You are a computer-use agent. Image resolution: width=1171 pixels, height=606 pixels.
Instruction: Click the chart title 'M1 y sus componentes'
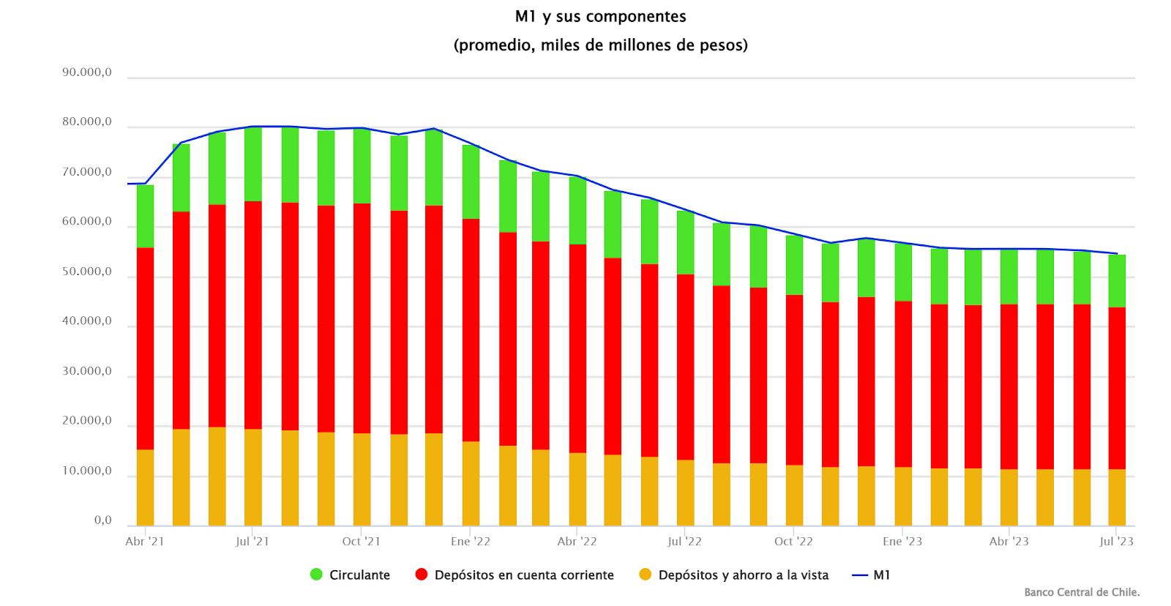coord(600,16)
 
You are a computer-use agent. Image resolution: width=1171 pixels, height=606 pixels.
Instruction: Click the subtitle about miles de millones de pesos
coord(600,45)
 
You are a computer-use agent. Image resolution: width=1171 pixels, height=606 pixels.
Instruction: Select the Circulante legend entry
coord(351,575)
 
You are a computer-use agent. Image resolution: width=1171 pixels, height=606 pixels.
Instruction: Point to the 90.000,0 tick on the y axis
coord(87,72)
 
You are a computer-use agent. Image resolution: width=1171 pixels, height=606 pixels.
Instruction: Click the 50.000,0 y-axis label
coord(87,272)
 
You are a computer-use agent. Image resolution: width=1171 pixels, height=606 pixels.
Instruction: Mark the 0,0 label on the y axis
coord(102,520)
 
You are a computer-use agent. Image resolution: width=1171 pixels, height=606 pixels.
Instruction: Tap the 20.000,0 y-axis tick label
coord(87,421)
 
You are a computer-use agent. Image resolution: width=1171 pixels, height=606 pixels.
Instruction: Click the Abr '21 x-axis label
coord(145,542)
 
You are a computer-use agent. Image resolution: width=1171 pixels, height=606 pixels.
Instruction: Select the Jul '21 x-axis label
coord(252,542)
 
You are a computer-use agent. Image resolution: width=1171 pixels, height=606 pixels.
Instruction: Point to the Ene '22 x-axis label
coord(471,542)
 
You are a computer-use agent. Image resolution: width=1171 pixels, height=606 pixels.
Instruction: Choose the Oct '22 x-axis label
coord(793,542)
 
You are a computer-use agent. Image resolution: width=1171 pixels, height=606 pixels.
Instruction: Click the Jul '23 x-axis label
coord(1116,542)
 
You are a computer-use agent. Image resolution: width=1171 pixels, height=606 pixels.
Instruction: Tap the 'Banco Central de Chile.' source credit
coord(1082,592)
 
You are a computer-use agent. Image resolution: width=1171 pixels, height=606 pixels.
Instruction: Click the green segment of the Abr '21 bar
coord(145,216)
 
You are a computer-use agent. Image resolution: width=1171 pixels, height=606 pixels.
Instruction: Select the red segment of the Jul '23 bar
coord(1117,388)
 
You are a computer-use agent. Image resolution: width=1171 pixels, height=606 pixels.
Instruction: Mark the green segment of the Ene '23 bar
coord(903,272)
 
